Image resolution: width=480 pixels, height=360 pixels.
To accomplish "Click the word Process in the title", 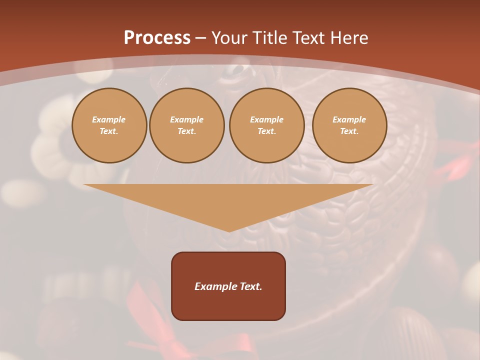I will pos(157,38).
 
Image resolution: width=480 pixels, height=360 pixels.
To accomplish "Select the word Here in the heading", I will pos(349,38).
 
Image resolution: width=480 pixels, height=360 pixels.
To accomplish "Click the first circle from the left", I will pos(109,125).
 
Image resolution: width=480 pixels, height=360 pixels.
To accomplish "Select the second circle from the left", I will pos(187,125).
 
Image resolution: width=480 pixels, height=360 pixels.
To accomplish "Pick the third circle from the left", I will pos(266,125).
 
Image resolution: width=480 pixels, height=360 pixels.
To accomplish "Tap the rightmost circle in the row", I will pos(349,125).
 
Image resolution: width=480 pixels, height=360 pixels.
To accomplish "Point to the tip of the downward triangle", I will pos(229,230).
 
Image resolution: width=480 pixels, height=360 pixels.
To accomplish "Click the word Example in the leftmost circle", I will pos(109,119).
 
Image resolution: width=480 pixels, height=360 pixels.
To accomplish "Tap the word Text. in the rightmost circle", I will pos(349,131).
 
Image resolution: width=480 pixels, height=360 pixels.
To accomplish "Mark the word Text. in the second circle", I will pos(187,131).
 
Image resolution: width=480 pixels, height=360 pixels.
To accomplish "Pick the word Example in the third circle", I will pos(266,119).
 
